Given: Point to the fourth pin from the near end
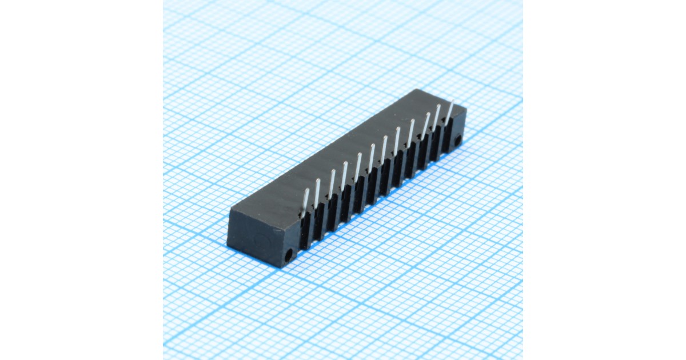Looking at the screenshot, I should (x=345, y=175).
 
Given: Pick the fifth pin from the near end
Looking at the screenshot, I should (x=358, y=166).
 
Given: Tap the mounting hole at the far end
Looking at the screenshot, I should (x=458, y=139).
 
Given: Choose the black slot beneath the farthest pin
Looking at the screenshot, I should (x=447, y=136).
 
